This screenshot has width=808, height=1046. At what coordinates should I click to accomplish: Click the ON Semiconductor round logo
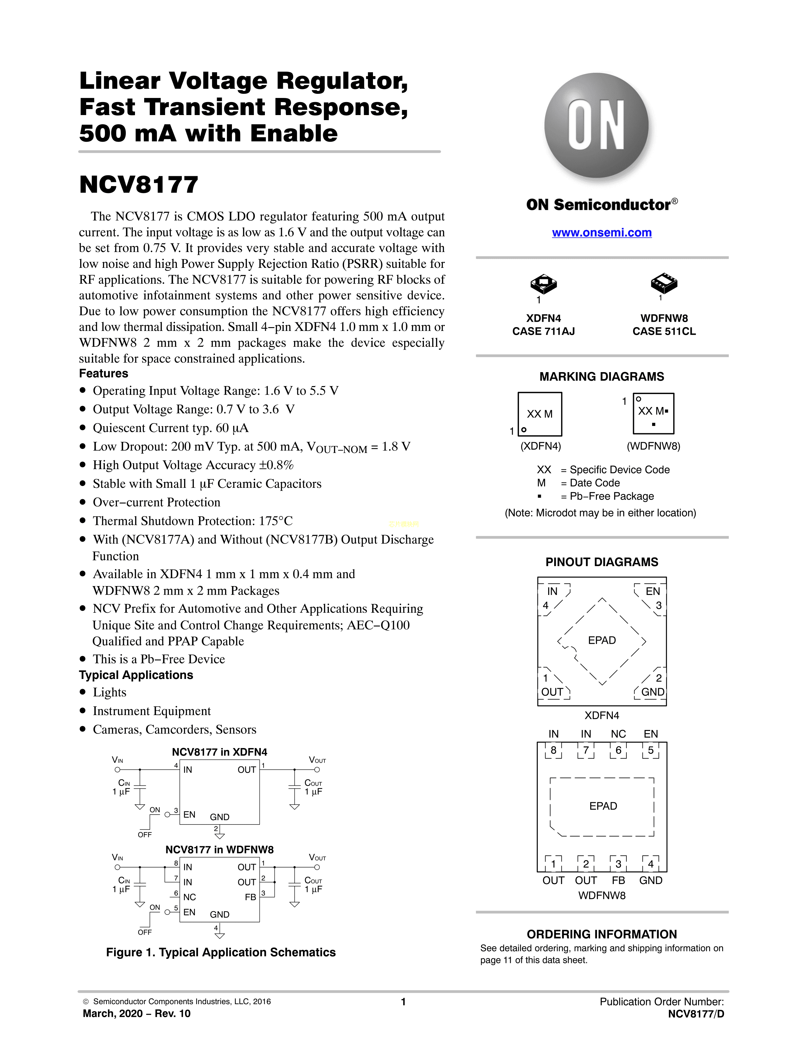pyautogui.click(x=596, y=126)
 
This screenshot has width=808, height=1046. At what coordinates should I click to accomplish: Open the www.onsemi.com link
pyautogui.click(x=602, y=233)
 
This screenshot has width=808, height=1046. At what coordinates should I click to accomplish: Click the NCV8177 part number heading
pyautogui.click(x=139, y=185)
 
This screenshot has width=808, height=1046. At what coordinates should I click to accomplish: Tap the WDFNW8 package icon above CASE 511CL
pyautogui.click(x=664, y=284)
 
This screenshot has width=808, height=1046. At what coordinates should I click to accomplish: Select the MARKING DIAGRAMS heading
pyautogui.click(x=602, y=377)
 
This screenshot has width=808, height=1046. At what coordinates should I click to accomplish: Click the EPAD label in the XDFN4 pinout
pyautogui.click(x=602, y=640)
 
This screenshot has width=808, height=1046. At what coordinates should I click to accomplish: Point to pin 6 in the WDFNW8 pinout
pyautogui.click(x=618, y=750)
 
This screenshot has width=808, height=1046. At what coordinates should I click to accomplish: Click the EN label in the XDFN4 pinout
pyautogui.click(x=652, y=591)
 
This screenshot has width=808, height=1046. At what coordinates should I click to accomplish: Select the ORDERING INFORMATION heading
pyautogui.click(x=602, y=934)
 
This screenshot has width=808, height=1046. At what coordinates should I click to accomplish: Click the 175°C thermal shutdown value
pyautogui.click(x=276, y=521)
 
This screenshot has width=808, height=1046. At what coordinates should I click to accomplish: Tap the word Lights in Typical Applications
pyautogui.click(x=110, y=693)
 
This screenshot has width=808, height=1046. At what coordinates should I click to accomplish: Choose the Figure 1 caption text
pyautogui.click(x=221, y=952)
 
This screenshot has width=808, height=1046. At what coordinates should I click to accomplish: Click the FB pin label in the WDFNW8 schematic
pyautogui.click(x=250, y=897)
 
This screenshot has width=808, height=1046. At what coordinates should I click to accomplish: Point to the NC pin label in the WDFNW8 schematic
pyautogui.click(x=189, y=897)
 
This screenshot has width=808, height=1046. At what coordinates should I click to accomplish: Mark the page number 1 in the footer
pyautogui.click(x=403, y=1001)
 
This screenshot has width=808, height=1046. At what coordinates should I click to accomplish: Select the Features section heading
pyautogui.click(x=103, y=374)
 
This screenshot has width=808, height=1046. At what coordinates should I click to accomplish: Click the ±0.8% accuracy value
pyautogui.click(x=276, y=465)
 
